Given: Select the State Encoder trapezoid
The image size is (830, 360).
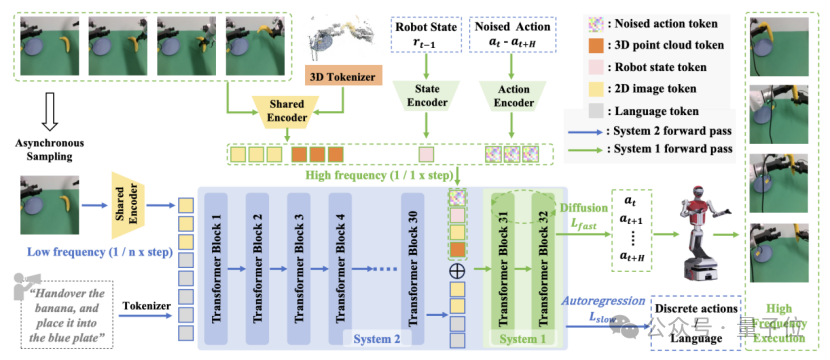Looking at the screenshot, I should point(428,99).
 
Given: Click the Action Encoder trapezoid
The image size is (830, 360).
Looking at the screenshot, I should point(513,99).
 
